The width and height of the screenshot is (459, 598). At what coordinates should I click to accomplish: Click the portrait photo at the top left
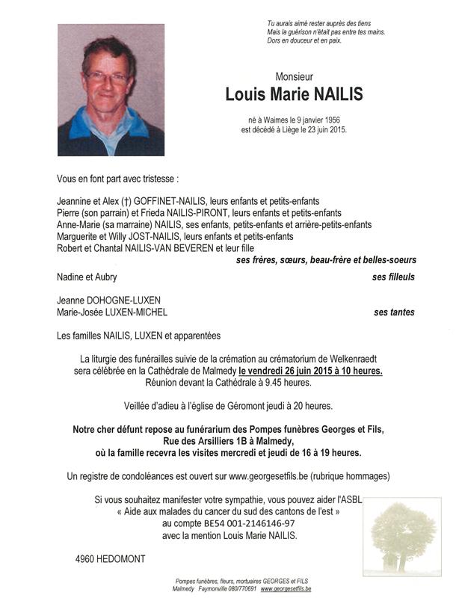111,90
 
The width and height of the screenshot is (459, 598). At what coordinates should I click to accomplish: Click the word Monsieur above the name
294,76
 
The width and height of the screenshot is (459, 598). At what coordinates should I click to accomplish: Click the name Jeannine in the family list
75,201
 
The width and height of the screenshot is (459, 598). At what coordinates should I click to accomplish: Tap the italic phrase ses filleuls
394,277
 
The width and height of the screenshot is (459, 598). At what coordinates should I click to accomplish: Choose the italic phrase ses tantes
395,312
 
